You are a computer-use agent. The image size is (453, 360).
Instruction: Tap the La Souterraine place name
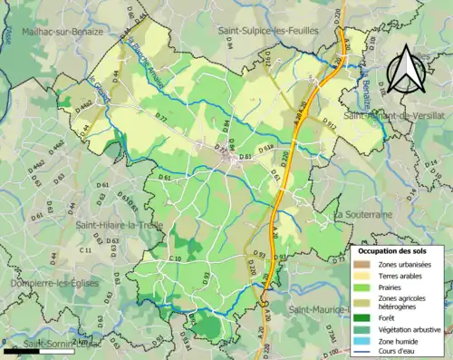(362, 215)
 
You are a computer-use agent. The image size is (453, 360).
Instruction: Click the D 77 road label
(162, 119)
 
